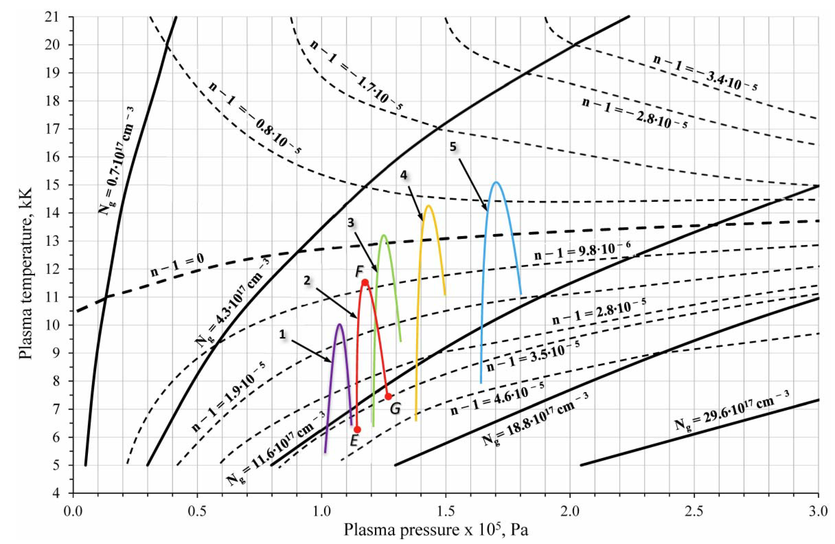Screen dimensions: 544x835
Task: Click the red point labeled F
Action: [365, 282]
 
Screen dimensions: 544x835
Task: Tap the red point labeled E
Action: [357, 430]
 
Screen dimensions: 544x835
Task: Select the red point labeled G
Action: [388, 396]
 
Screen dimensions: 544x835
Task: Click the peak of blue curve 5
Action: [496, 182]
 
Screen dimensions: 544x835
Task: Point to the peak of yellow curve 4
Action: [428, 206]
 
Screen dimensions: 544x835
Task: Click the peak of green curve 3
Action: [384, 235]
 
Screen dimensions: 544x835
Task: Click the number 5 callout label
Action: [453, 147]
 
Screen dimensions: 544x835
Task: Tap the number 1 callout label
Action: [283, 334]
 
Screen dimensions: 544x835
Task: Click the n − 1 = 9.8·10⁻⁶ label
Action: [582, 253]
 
